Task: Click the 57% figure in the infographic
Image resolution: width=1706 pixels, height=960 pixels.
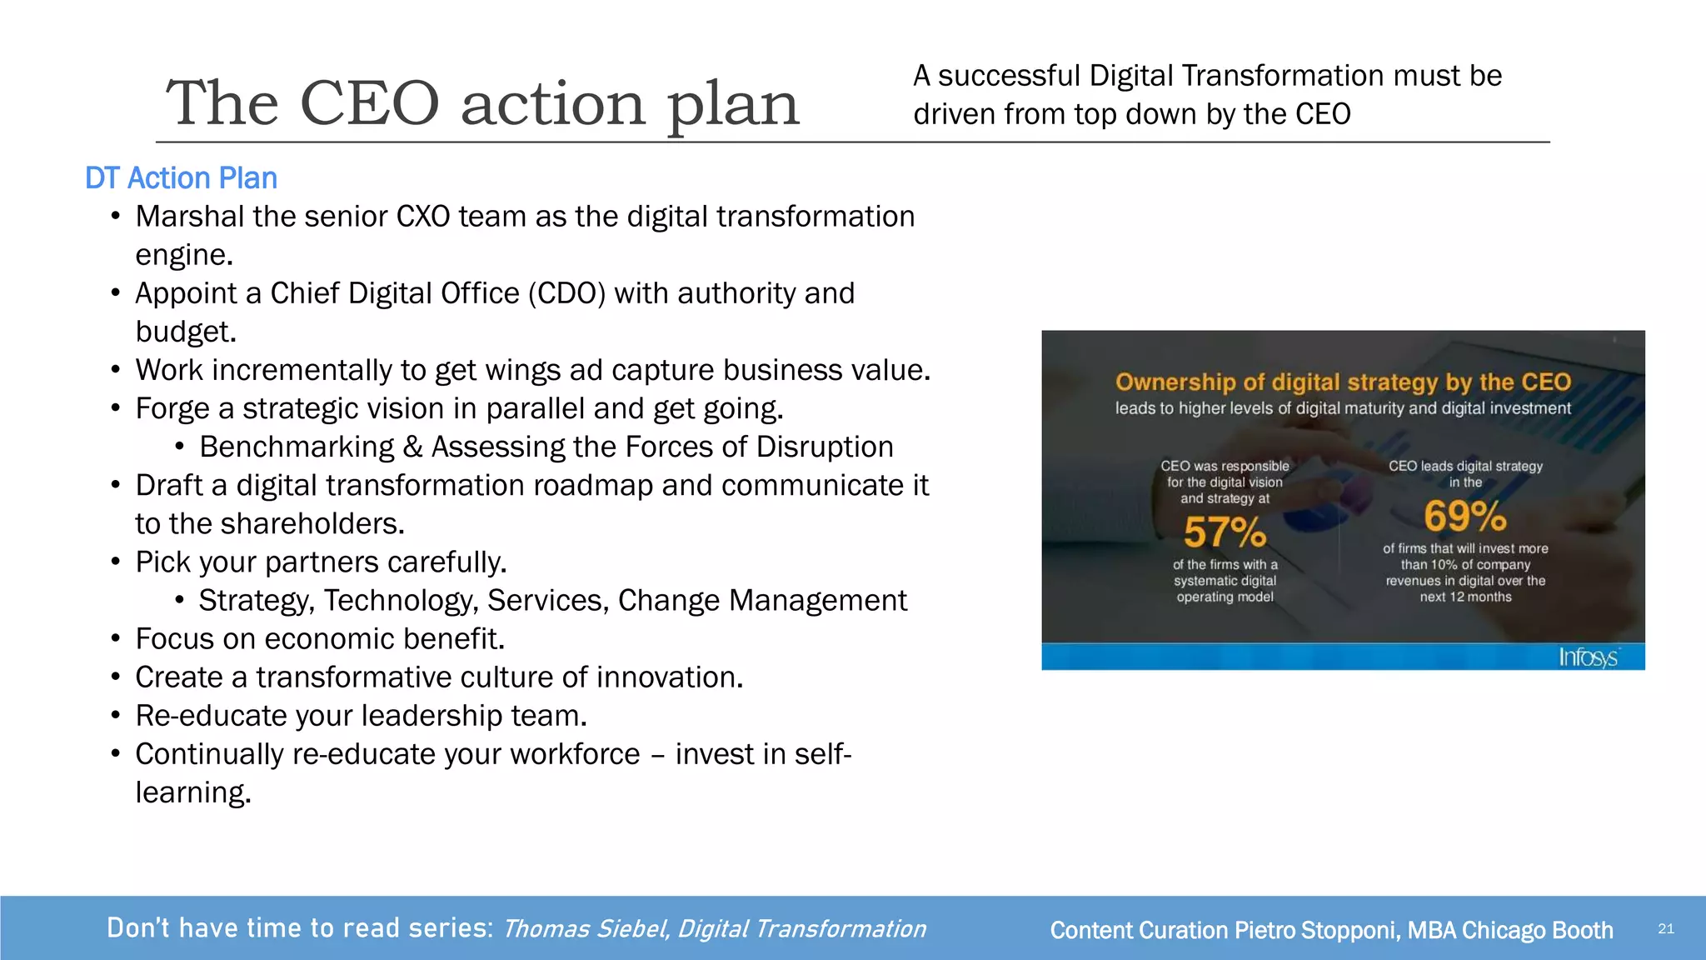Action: (x=1225, y=532)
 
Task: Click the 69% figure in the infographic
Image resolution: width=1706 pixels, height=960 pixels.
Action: (x=1465, y=516)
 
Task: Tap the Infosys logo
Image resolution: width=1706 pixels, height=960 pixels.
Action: (x=1588, y=657)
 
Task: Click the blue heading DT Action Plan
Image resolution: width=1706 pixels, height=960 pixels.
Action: (x=181, y=178)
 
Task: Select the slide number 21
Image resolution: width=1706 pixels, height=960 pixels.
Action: (x=1665, y=929)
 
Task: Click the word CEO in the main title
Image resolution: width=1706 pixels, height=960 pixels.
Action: (x=368, y=104)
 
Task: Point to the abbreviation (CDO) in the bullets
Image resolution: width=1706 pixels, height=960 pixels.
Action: (x=566, y=293)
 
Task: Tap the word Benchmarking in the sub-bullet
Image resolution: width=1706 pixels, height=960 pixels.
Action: (x=297, y=447)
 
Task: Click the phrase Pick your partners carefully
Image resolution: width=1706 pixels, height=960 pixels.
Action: (x=321, y=562)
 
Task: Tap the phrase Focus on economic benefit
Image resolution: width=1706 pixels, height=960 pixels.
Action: (x=320, y=639)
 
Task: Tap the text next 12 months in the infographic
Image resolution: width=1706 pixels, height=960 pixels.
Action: (x=1465, y=597)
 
